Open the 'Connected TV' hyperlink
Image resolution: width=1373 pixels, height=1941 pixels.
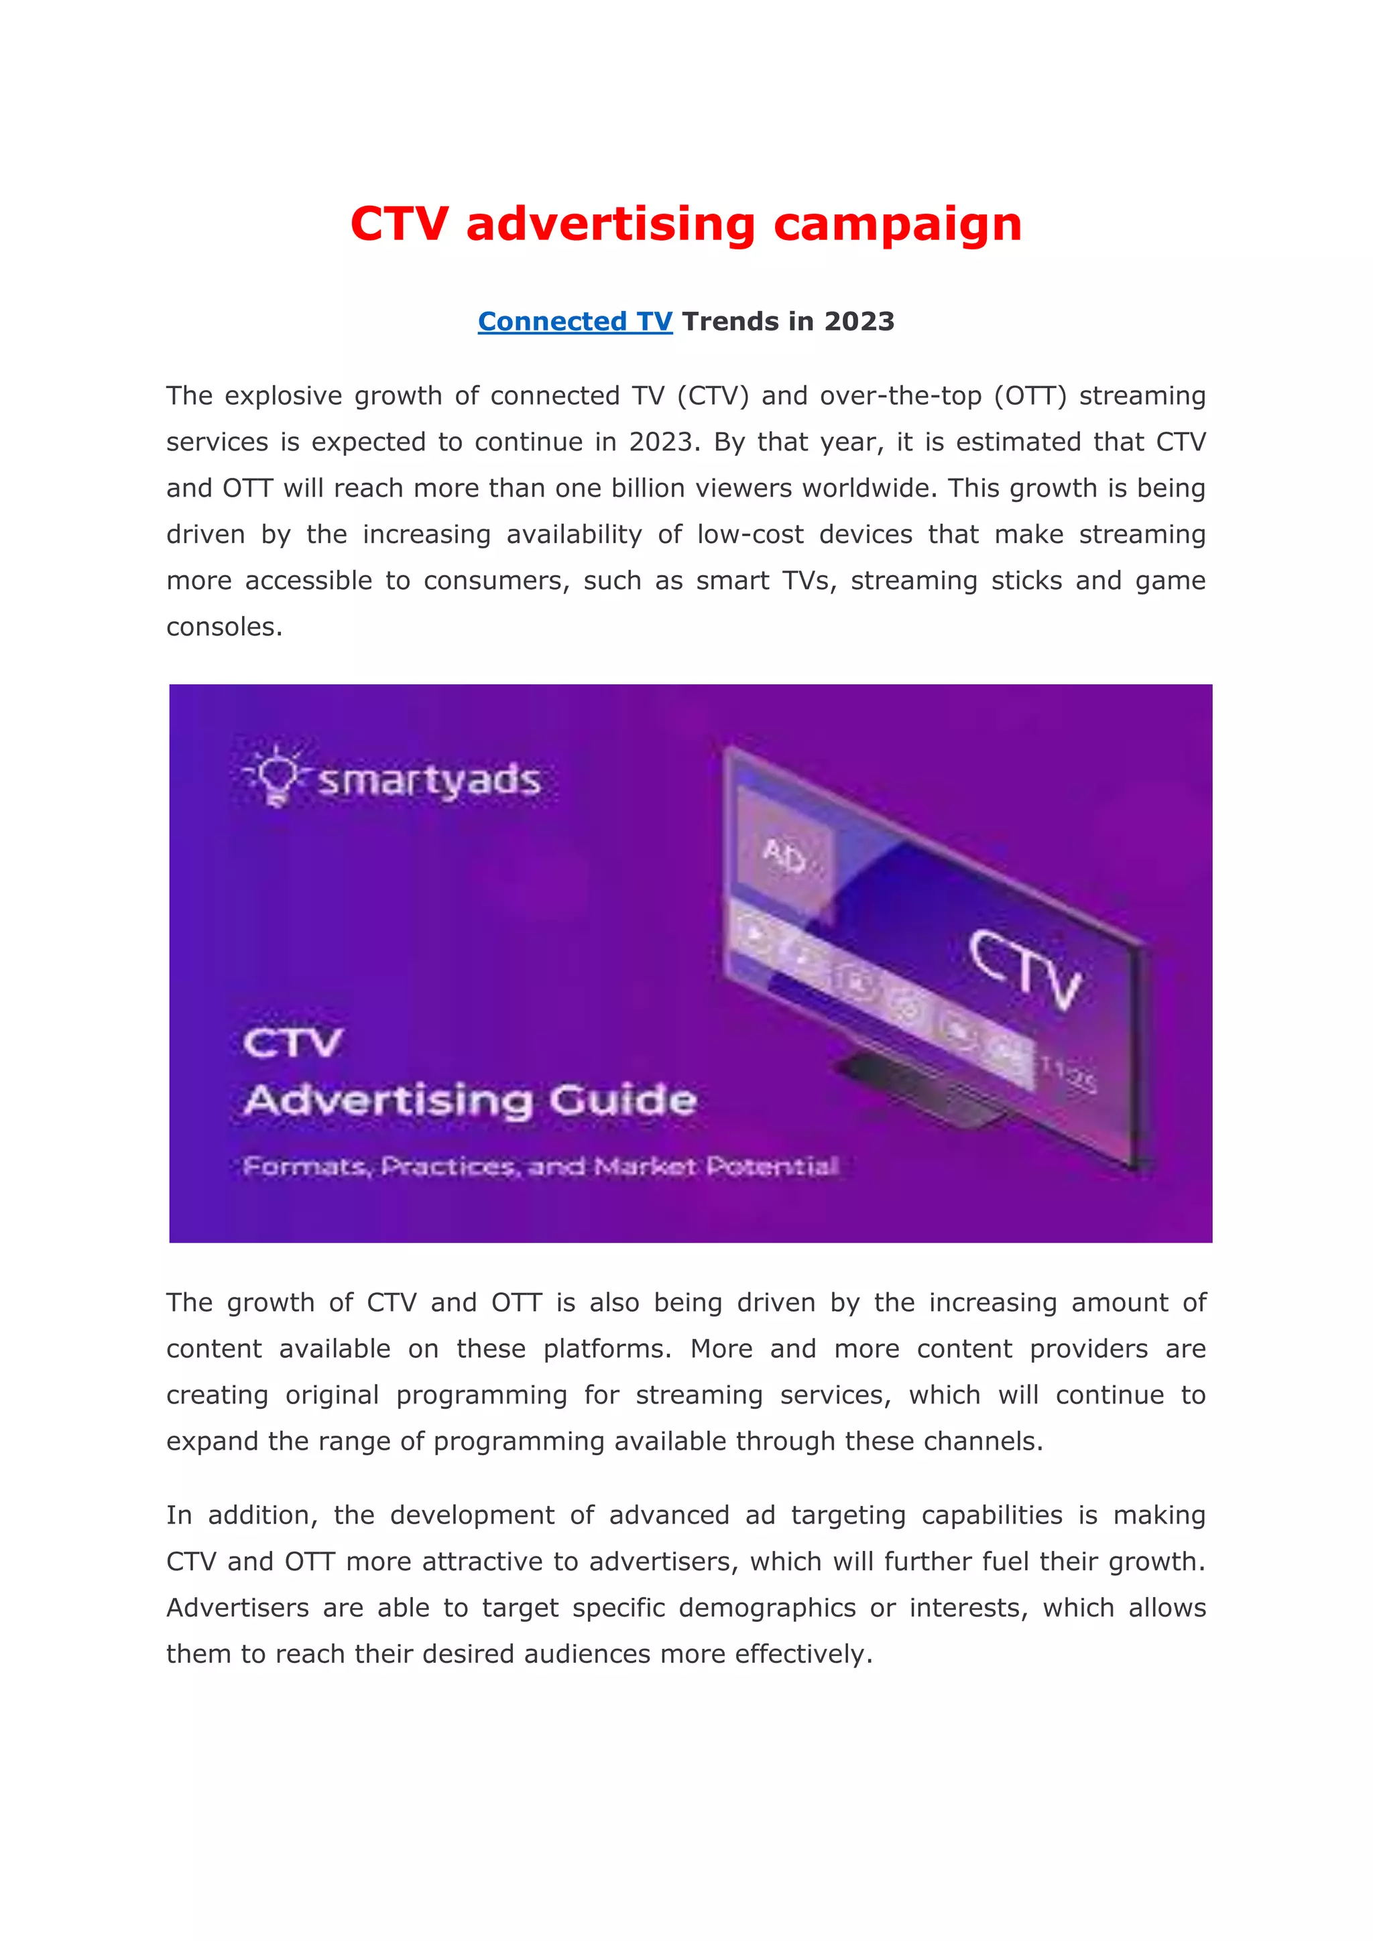pos(575,322)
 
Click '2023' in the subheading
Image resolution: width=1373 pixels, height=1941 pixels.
pos(859,322)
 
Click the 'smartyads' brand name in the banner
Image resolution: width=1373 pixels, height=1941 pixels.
pos(428,780)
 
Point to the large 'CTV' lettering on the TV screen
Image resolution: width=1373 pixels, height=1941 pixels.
pos(1024,970)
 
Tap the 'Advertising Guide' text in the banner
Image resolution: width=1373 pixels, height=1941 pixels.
pos(470,1101)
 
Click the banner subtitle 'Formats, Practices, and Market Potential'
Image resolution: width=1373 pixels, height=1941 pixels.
pos(540,1168)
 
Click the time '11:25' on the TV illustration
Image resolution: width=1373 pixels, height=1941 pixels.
pos(1068,1075)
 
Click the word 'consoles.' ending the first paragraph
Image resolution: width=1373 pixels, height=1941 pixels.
pos(224,627)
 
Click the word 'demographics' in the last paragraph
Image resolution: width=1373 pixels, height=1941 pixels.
pos(767,1608)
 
